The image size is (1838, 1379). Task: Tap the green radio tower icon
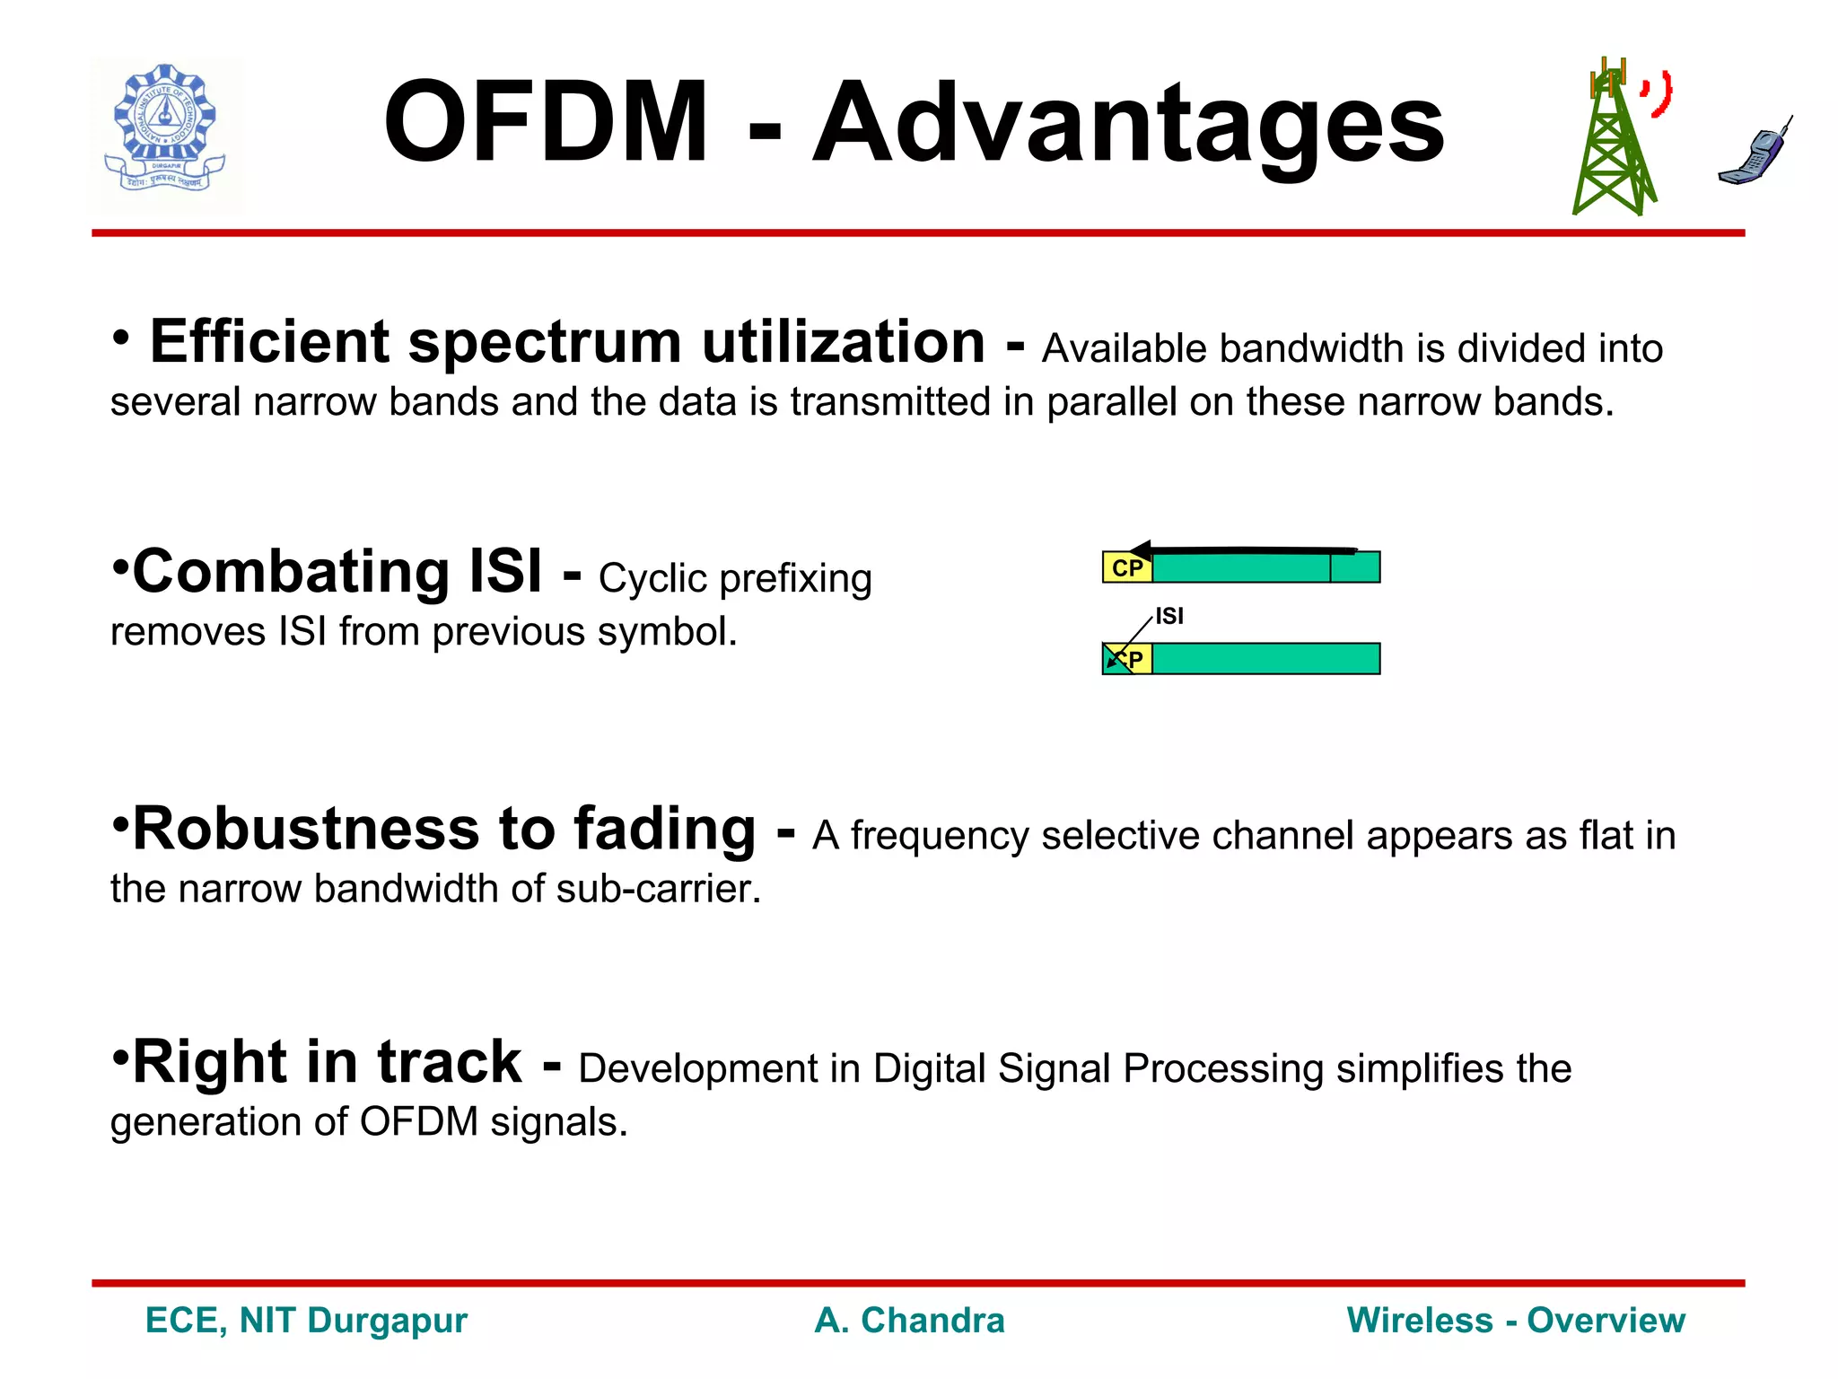point(1613,144)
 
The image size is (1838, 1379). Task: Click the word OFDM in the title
point(546,123)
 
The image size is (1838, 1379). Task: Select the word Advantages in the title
point(1128,123)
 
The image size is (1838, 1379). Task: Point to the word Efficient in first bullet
point(269,343)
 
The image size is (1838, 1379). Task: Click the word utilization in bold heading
point(843,343)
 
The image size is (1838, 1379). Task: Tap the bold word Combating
point(291,573)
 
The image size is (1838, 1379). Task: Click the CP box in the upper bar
point(1127,568)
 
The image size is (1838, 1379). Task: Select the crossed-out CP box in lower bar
point(1126,660)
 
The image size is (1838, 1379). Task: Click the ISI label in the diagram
point(1169,617)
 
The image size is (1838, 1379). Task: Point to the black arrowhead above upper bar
point(1142,550)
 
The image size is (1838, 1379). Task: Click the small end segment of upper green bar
point(1354,568)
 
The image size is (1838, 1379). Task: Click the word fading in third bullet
point(664,829)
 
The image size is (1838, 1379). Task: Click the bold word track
point(449,1062)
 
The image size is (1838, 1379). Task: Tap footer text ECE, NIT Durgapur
point(306,1321)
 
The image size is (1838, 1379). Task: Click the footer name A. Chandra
point(909,1321)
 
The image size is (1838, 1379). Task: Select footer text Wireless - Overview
point(1516,1321)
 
